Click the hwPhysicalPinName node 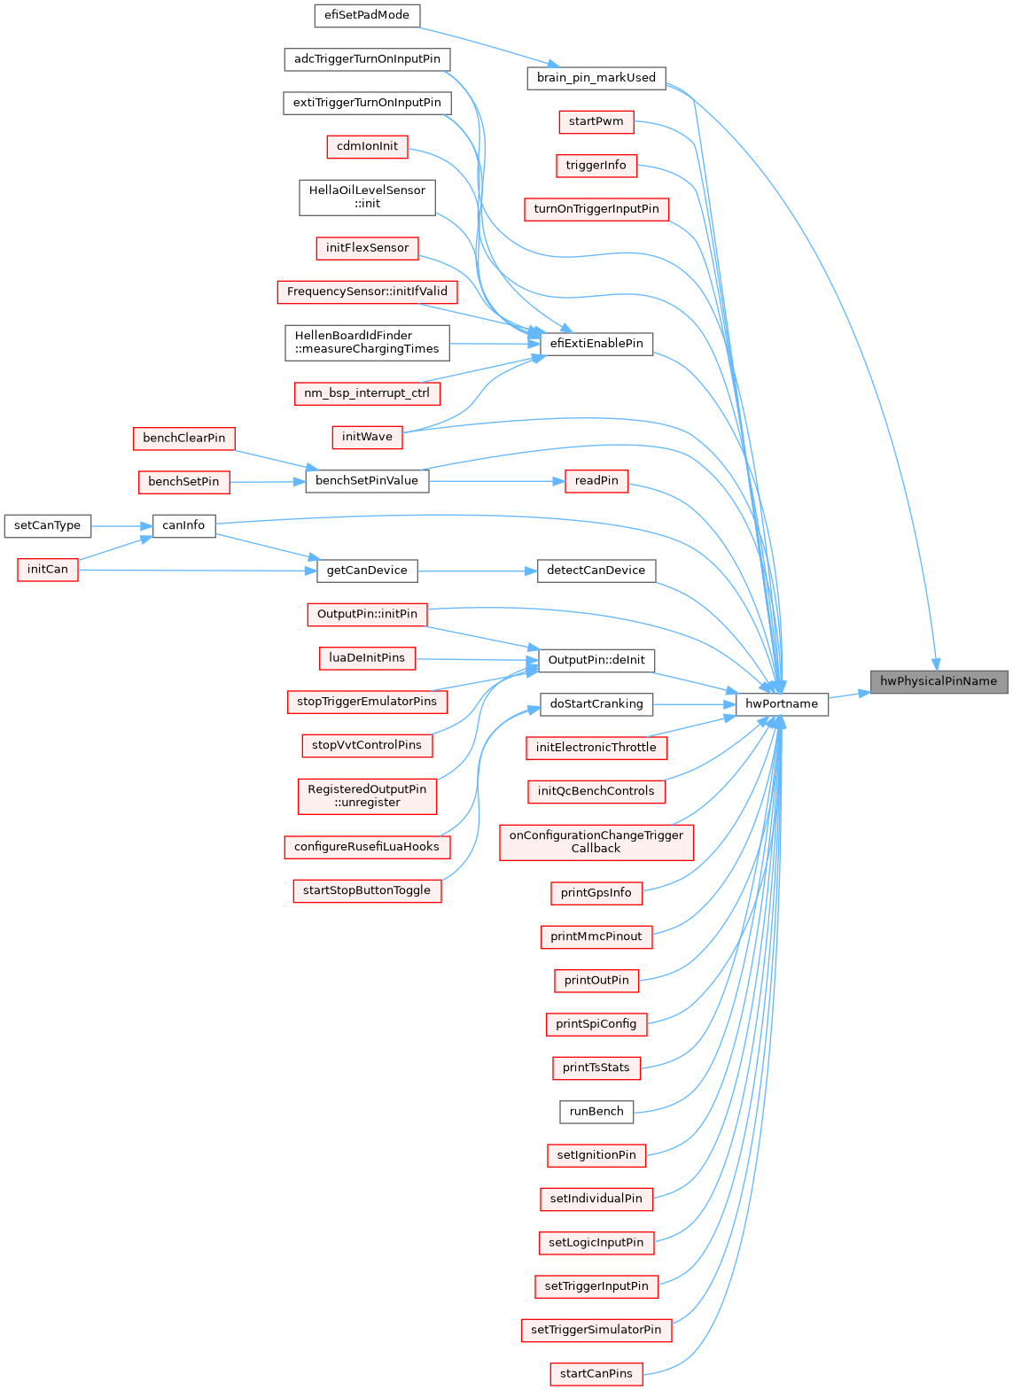coord(939,681)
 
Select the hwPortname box coord(782,704)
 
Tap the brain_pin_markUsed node coord(596,78)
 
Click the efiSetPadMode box coord(367,15)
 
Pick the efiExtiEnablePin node coord(596,344)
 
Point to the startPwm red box coord(596,121)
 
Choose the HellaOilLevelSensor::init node coord(367,197)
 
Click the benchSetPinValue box coord(367,481)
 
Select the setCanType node coord(47,525)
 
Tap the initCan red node coord(47,570)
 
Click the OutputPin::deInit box coord(596,660)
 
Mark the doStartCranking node coord(596,704)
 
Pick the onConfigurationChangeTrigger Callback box coord(596,842)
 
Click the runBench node coord(596,1112)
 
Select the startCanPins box coord(596,1374)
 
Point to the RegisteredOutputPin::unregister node coord(367,796)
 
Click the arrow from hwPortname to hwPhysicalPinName coord(849,695)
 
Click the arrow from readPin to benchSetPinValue coord(496,481)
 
